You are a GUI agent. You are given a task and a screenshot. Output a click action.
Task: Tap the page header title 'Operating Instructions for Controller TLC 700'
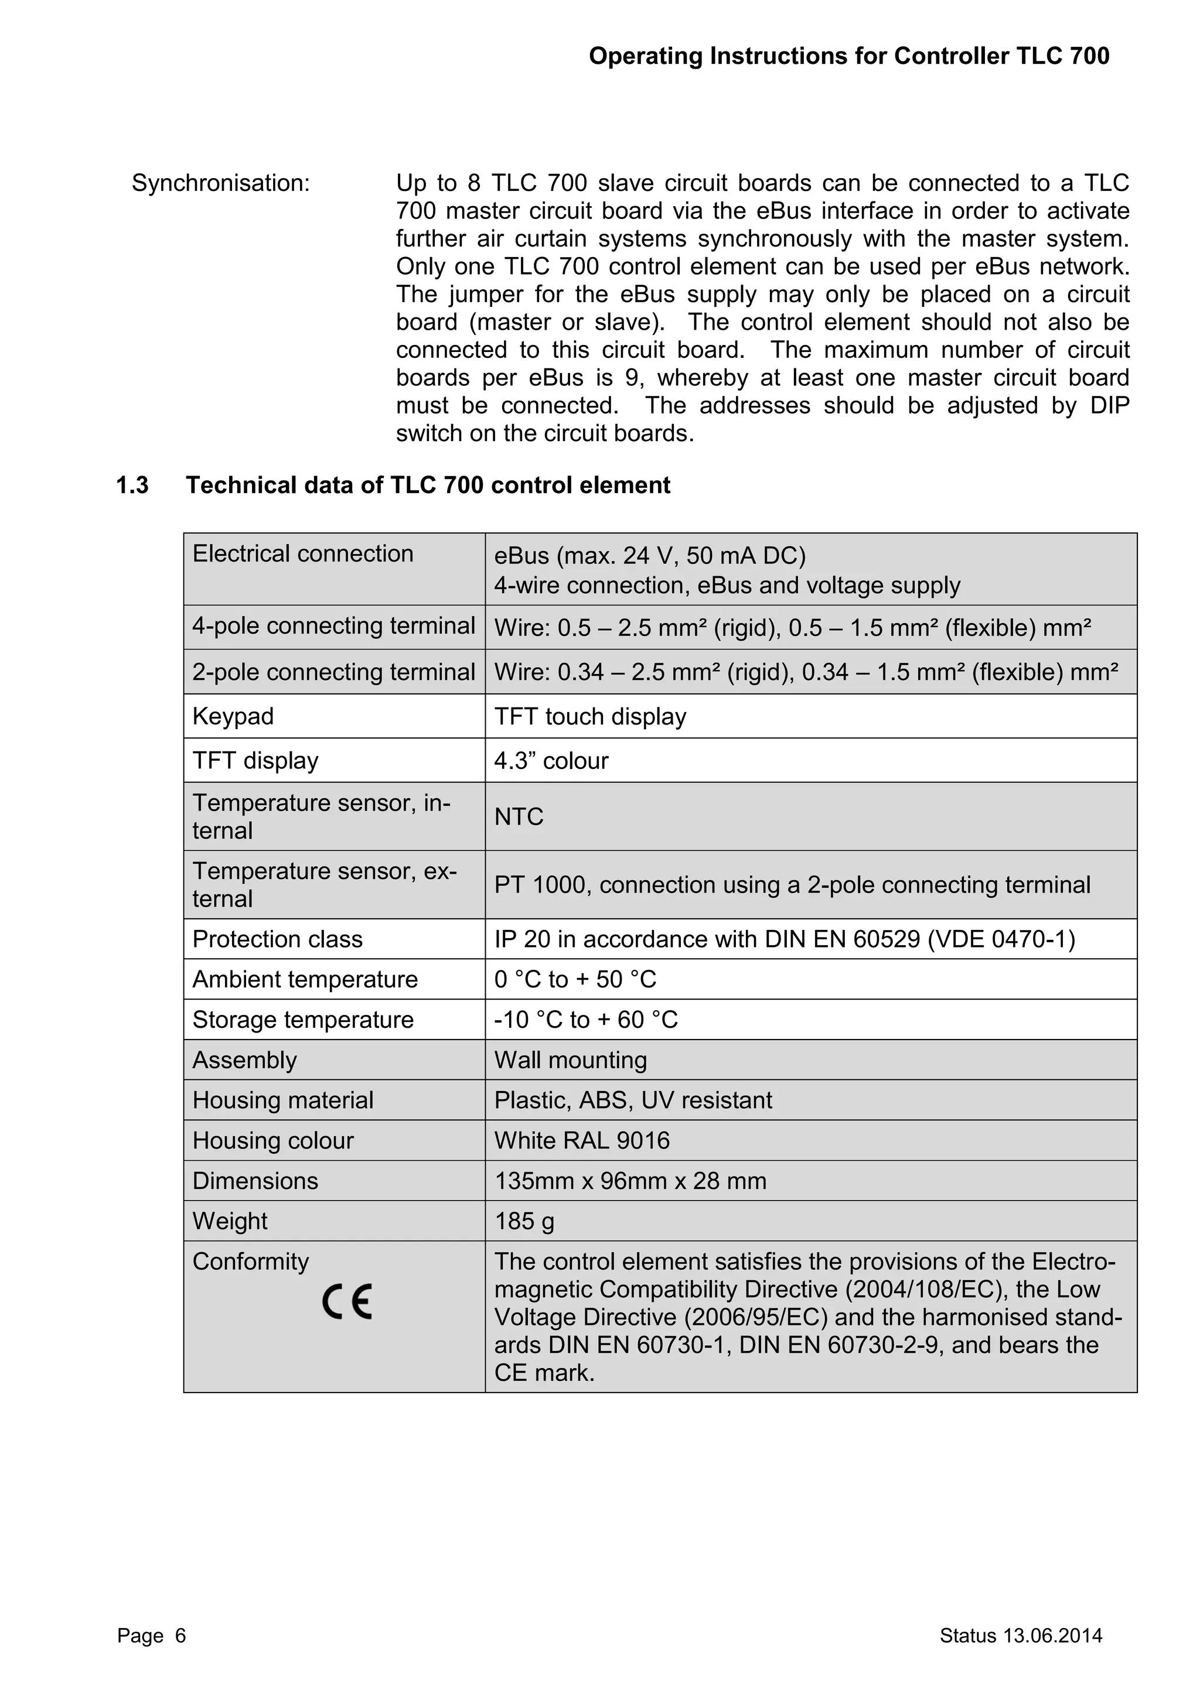point(848,56)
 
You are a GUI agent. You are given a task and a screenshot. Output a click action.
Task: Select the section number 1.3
point(132,485)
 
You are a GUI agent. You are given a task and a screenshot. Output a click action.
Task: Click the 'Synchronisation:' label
point(221,183)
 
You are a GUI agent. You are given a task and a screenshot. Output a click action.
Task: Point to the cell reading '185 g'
point(524,1221)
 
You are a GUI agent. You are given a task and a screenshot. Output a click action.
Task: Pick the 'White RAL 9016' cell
point(581,1140)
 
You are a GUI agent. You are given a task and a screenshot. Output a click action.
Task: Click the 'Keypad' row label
point(233,716)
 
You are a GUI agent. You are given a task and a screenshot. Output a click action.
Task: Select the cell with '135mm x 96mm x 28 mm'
point(629,1181)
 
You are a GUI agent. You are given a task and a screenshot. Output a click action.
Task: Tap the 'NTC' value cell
point(519,816)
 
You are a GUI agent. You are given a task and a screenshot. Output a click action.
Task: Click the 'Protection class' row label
point(277,939)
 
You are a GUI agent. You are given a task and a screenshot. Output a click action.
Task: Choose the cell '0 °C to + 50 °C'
point(575,980)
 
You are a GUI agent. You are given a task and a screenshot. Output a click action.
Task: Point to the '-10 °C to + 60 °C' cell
point(586,1020)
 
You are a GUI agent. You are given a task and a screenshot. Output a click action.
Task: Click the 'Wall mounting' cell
point(571,1060)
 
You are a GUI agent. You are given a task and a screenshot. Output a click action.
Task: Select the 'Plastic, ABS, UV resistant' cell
point(632,1100)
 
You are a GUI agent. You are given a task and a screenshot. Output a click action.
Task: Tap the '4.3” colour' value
point(551,760)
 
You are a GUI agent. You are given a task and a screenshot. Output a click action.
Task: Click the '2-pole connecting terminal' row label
point(333,672)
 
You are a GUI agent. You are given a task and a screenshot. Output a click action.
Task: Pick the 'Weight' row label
point(230,1221)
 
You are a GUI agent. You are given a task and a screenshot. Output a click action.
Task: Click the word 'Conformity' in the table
point(251,1261)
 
